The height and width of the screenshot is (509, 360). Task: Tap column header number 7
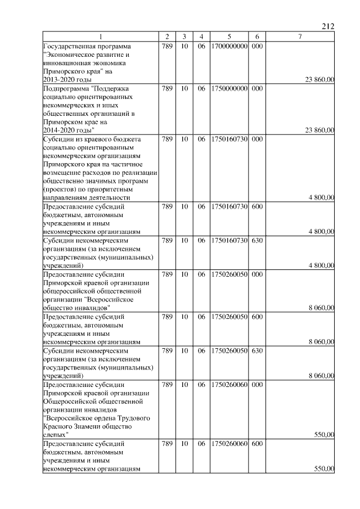300,37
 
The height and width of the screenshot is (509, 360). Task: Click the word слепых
55,434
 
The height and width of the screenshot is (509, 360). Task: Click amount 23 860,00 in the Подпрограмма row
319,130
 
